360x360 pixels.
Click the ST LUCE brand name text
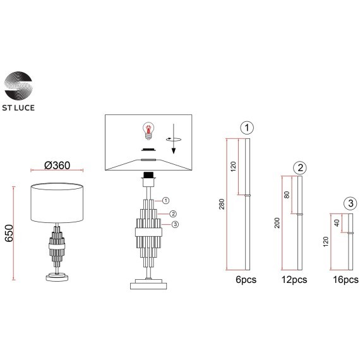(x=18, y=107)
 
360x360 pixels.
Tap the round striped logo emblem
(x=18, y=86)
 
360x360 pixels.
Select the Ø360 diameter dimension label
(x=57, y=165)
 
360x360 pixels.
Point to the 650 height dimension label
(x=9, y=233)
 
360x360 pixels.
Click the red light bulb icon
(x=148, y=131)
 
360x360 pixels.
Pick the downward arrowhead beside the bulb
(x=174, y=150)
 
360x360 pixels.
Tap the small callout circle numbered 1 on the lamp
(x=165, y=201)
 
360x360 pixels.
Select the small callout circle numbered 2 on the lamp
(x=173, y=214)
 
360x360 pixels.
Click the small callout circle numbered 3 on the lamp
(x=175, y=224)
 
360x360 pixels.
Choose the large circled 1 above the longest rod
(x=247, y=128)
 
